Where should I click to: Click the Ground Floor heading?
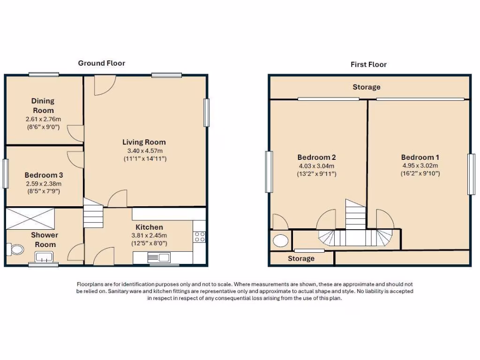(x=101, y=63)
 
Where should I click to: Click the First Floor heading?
(x=368, y=64)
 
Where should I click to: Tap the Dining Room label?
(x=43, y=105)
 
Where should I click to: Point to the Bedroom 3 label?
(x=43, y=175)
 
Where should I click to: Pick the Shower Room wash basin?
(x=45, y=256)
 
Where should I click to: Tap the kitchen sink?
(x=159, y=257)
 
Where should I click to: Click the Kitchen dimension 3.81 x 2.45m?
(x=149, y=235)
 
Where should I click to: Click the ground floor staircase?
(x=93, y=213)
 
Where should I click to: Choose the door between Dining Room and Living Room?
(x=75, y=133)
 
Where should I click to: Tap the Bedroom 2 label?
(x=316, y=157)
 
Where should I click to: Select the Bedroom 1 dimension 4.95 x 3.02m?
(x=420, y=165)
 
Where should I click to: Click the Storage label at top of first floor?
(x=366, y=87)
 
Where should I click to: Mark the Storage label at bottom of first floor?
(x=301, y=258)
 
